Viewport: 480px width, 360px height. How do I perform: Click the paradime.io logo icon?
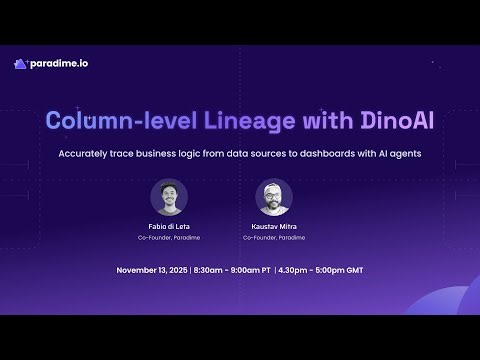click(x=20, y=64)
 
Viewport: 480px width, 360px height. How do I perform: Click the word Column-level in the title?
click(x=109, y=121)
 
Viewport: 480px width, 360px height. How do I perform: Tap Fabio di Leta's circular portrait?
click(x=169, y=197)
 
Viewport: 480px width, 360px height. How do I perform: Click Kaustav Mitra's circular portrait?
click(x=273, y=197)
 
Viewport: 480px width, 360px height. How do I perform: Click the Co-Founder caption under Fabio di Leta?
click(x=169, y=238)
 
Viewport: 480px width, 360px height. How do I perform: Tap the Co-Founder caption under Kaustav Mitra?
click(x=273, y=238)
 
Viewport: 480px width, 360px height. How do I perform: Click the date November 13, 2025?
click(x=152, y=271)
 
